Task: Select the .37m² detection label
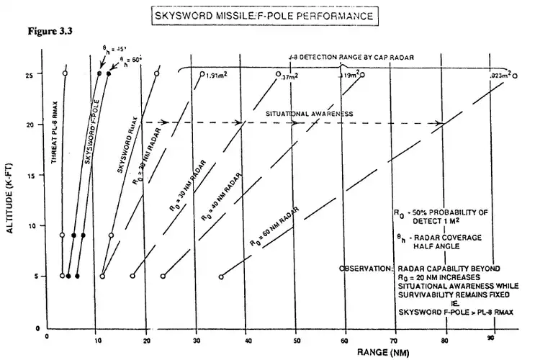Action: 289,75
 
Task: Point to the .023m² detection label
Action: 499,75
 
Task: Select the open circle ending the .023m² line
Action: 516,74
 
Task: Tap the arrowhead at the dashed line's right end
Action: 440,123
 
